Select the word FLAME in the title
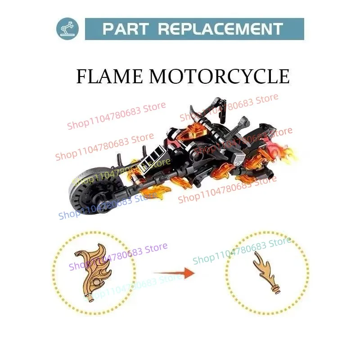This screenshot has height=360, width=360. pyautogui.click(x=110, y=76)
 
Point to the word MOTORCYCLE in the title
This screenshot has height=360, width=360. pyautogui.click(x=219, y=76)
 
